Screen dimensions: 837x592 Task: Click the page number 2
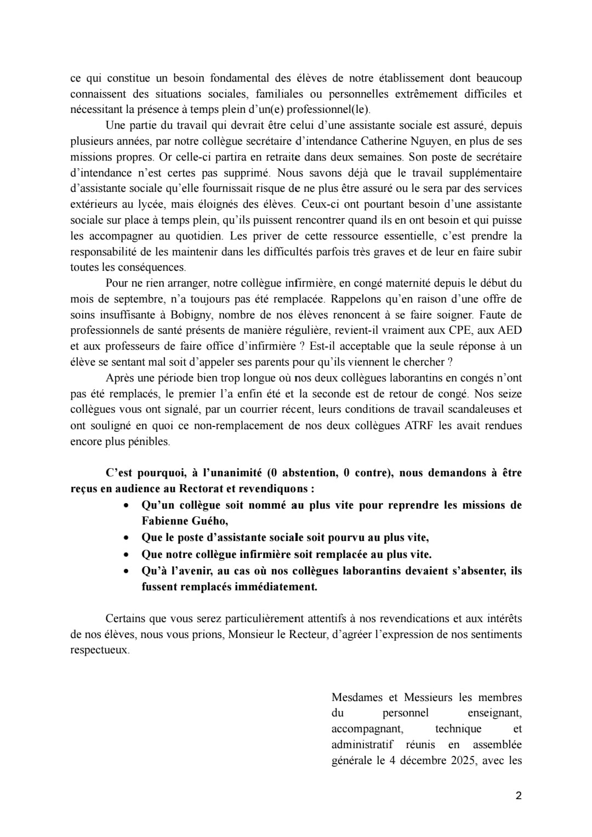[x=519, y=796]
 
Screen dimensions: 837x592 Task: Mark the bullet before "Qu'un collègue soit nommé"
[x=127, y=505]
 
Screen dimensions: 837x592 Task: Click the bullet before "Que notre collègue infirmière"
[x=127, y=555]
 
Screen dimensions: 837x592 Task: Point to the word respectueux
[x=100, y=650]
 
